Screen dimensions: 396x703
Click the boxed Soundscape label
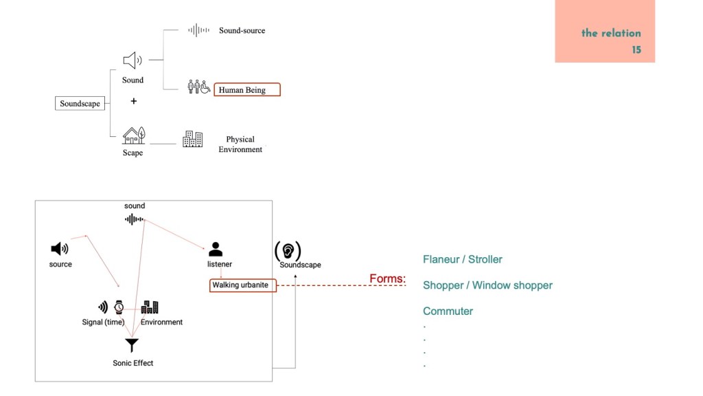[80, 104]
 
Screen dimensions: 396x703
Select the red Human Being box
[247, 89]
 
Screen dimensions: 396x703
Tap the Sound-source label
[242, 30]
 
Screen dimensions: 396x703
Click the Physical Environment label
[240, 144]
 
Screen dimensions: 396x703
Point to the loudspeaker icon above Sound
[132, 60]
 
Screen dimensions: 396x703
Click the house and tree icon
[133, 135]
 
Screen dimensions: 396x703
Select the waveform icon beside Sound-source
[198, 30]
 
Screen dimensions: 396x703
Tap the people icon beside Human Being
[198, 87]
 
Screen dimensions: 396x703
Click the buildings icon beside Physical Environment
[192, 140]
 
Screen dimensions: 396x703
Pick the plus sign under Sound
[133, 101]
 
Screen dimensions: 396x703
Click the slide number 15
[636, 50]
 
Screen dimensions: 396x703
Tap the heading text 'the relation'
[611, 33]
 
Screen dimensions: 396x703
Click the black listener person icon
[216, 249]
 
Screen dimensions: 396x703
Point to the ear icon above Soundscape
[288, 250]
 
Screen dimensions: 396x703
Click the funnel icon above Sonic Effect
[132, 345]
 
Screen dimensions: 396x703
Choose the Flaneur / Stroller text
[462, 259]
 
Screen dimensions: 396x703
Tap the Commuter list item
[448, 311]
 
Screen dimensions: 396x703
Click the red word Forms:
[388, 279]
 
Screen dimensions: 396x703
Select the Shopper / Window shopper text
[487, 285]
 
